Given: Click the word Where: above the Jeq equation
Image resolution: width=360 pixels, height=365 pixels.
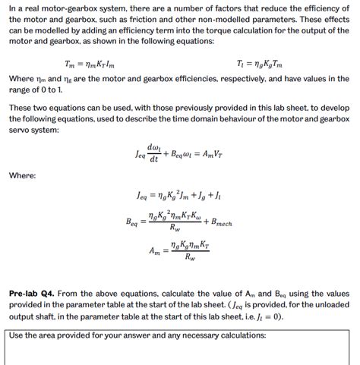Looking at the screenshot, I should coord(23,175).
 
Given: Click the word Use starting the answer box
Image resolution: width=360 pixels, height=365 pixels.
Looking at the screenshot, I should coord(17,335).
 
